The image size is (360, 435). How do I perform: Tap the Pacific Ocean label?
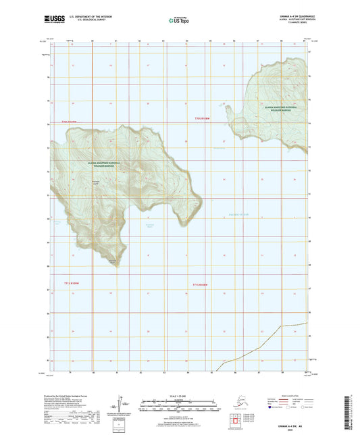pyautogui.click(x=239, y=214)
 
